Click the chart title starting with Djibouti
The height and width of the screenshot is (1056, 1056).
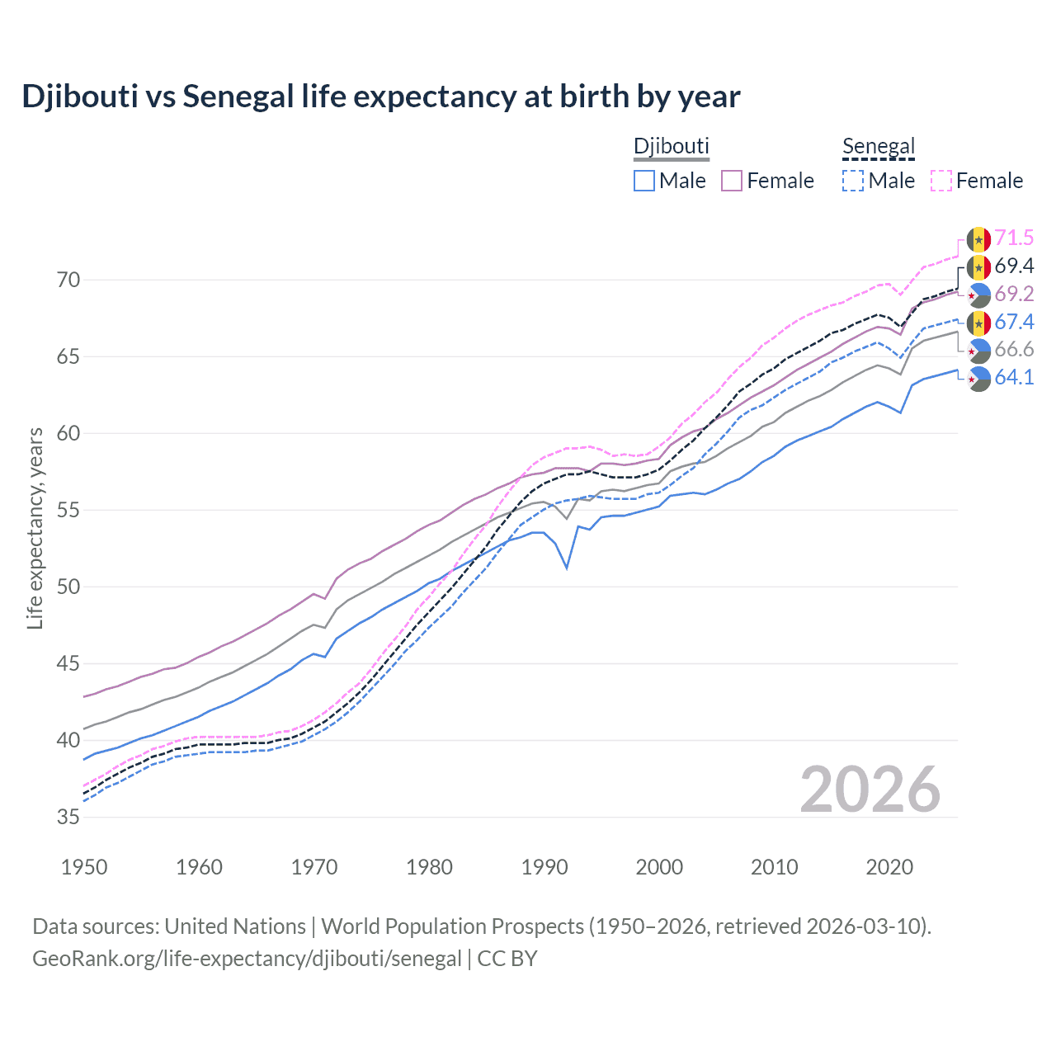click(380, 97)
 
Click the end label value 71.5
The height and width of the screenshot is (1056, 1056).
click(1014, 238)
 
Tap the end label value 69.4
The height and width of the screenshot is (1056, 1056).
click(1014, 266)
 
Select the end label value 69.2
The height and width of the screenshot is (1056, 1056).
click(1014, 295)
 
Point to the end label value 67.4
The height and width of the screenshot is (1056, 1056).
click(1014, 322)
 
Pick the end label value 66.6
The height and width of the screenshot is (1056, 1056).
click(1014, 350)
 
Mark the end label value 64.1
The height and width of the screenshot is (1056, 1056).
click(1014, 378)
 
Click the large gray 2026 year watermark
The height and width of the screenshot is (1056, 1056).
click(870, 790)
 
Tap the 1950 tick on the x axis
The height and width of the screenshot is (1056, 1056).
click(84, 867)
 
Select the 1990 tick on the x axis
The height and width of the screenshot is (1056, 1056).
click(544, 867)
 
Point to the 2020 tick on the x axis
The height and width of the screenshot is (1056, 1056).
click(889, 867)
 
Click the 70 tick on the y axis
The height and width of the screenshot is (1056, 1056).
click(68, 280)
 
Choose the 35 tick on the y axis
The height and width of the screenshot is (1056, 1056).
click(68, 818)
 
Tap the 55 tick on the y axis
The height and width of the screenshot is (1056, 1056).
click(68, 511)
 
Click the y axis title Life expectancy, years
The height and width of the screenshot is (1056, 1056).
click(35, 528)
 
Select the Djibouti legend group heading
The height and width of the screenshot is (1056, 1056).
click(671, 147)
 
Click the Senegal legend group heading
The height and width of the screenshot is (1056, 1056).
click(879, 147)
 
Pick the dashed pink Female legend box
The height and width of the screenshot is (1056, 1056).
click(940, 181)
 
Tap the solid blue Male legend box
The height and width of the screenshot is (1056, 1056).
click(644, 181)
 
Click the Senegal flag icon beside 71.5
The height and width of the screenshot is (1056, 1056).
click(978, 239)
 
